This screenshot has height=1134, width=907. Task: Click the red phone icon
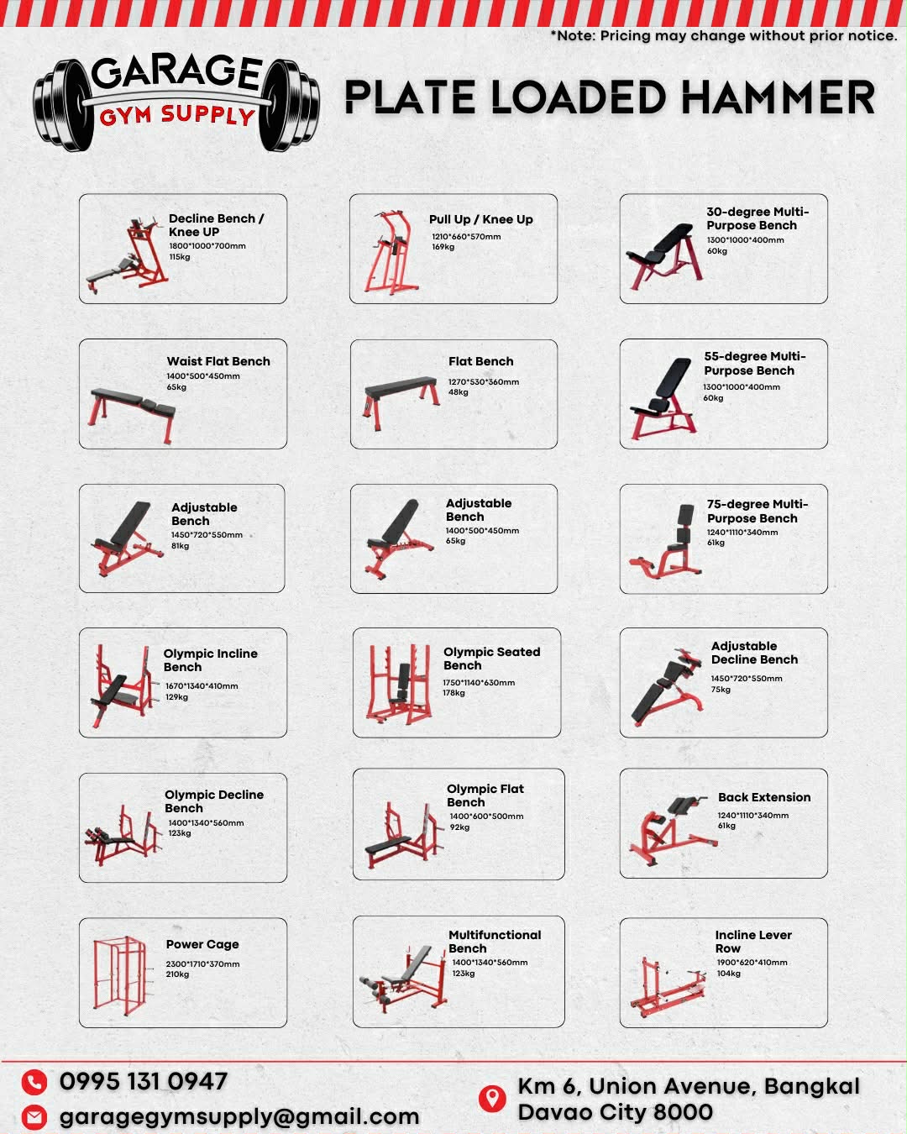tap(34, 1083)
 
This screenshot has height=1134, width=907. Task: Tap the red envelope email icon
tap(34, 1116)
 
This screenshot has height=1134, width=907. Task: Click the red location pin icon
tap(491, 1098)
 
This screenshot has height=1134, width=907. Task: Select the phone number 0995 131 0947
tap(144, 1082)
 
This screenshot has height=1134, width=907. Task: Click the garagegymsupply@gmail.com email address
tap(239, 1116)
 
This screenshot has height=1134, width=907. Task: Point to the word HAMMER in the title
tap(778, 97)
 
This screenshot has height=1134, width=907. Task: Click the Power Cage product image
tap(119, 975)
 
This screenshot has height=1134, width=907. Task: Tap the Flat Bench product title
tap(480, 361)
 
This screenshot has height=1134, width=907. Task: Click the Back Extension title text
tap(764, 797)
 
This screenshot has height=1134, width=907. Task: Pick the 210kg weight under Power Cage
tap(177, 974)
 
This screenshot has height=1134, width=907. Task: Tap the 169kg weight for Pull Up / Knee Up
tap(443, 247)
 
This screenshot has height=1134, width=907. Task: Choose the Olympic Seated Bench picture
tap(399, 684)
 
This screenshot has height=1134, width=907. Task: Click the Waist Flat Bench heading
tap(218, 361)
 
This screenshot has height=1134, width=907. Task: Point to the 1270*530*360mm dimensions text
tap(483, 381)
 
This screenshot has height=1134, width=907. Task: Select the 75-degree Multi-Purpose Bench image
tap(665, 541)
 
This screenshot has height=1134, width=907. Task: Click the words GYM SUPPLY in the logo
tap(177, 115)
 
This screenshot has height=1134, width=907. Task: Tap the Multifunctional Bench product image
tap(404, 979)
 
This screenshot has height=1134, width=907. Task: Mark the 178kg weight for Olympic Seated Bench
tap(453, 693)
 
